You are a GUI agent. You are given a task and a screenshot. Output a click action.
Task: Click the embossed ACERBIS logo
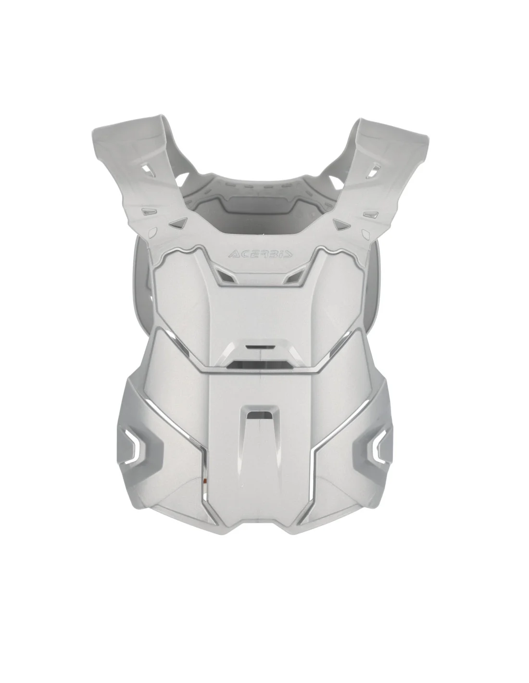[x=260, y=254]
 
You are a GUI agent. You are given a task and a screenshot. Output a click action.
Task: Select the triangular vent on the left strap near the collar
[x=178, y=223]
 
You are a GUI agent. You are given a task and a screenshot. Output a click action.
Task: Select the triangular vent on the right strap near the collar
[x=341, y=223]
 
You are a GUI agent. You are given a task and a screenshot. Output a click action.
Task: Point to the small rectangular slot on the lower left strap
[x=148, y=211]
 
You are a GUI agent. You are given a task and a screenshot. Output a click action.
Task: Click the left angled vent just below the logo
[x=227, y=275]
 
